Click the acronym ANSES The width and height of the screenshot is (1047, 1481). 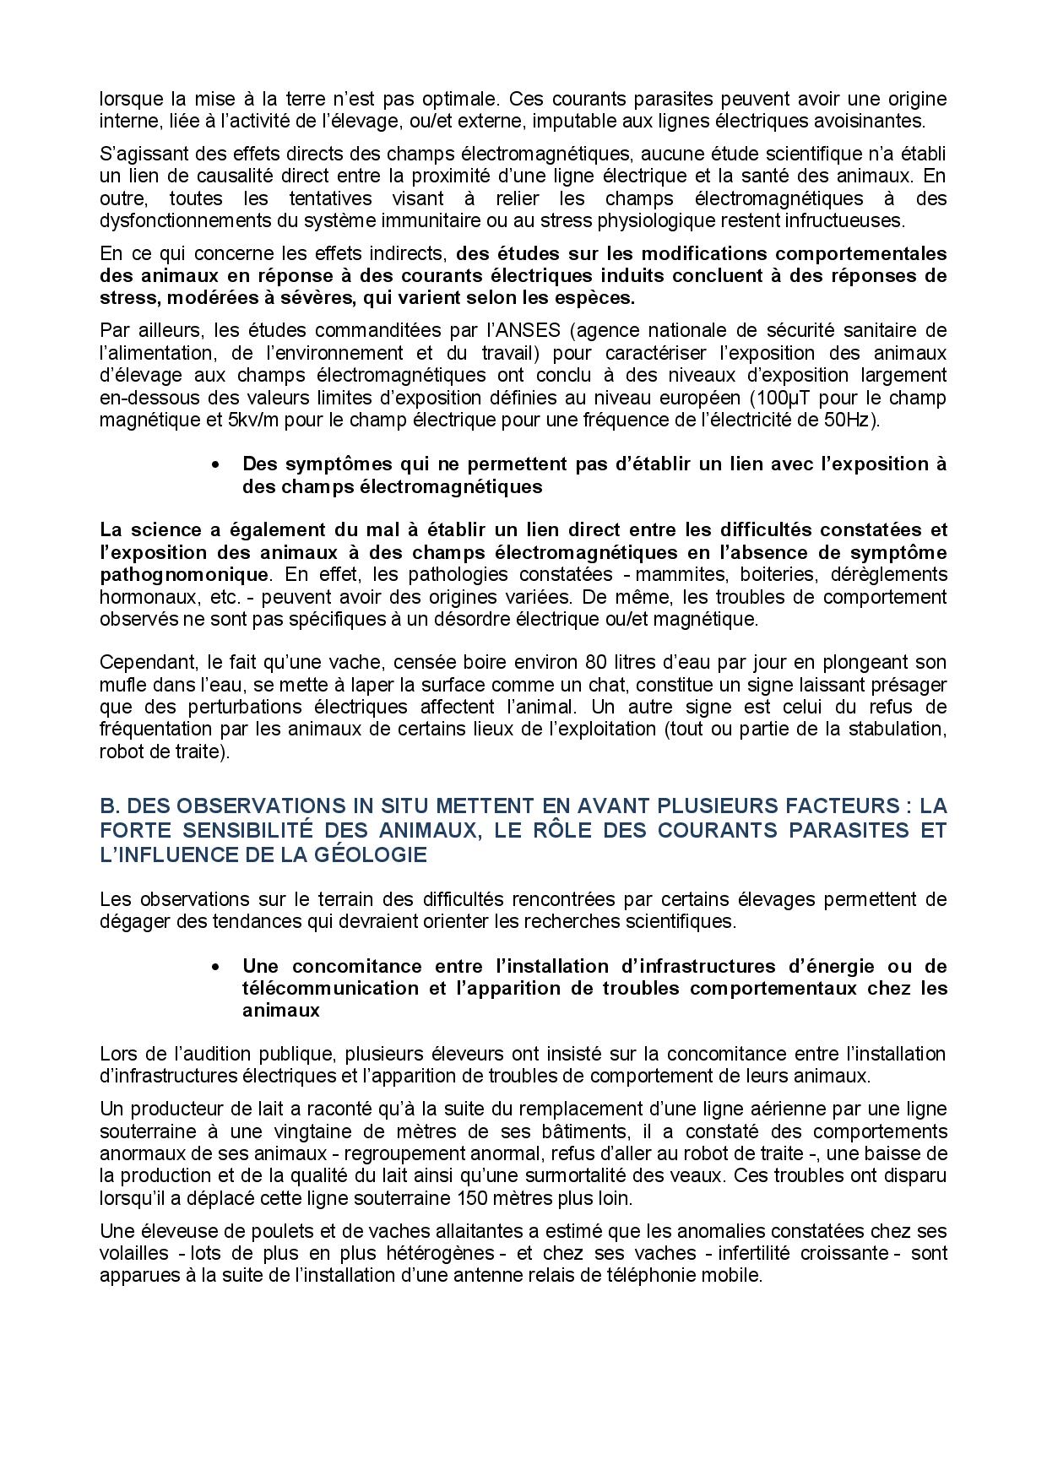(x=551, y=329)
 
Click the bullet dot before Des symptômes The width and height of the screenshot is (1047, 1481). (x=218, y=464)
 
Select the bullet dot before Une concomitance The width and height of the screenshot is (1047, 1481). (x=218, y=967)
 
